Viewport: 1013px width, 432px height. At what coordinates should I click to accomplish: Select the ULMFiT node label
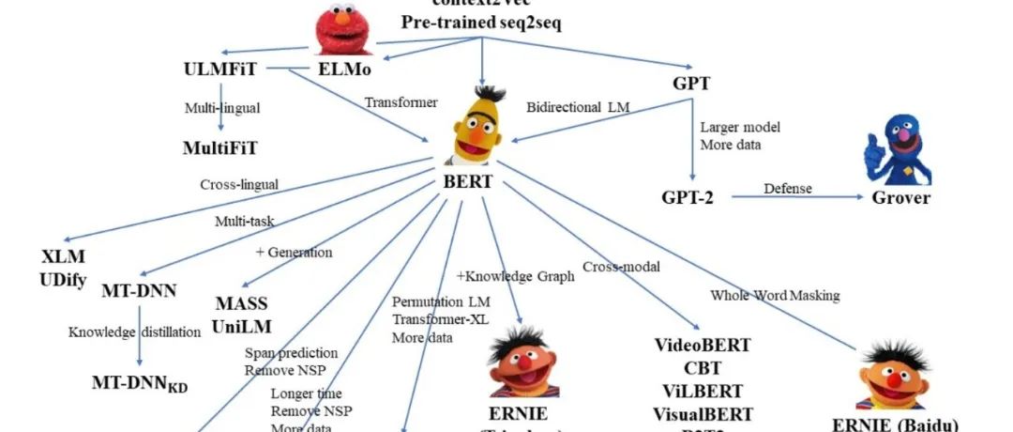coord(221,69)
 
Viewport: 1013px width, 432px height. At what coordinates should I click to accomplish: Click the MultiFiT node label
coord(219,147)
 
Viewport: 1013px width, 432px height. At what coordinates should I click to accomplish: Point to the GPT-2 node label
coord(693,197)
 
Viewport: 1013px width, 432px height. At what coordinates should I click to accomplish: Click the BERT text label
coord(467,181)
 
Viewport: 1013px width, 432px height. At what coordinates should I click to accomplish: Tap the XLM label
coord(63,256)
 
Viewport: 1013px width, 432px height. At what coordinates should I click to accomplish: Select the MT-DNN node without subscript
coord(140,290)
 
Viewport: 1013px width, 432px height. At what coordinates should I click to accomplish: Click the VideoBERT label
coord(703,345)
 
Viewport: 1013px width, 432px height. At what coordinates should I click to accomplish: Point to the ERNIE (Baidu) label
coord(895,423)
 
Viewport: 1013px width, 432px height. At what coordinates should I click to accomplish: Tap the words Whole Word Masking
coord(775,296)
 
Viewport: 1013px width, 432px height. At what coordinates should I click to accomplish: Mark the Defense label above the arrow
coord(787,187)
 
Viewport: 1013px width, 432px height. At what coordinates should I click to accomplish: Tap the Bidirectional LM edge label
coord(577,108)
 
